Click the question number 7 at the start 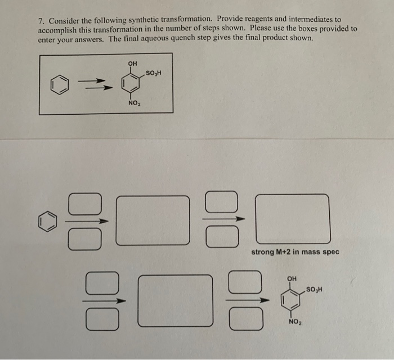click(41, 20)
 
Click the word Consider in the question click(64, 20)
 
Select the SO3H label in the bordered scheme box click(153, 73)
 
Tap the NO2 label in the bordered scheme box click(134, 103)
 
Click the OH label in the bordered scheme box click(133, 62)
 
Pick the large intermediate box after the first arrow click(153, 219)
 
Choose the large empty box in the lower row click(175, 299)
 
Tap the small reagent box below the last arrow click(245, 319)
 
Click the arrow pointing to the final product click(245, 299)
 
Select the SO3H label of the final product click(314, 289)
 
